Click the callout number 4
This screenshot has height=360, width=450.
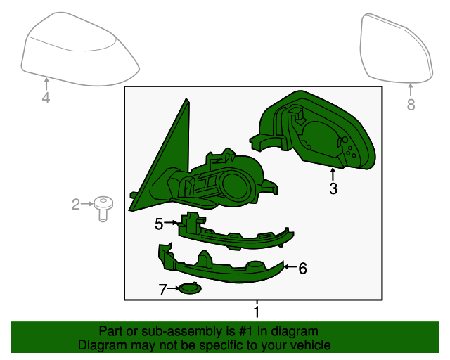click(46, 98)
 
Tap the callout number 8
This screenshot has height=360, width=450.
click(411, 105)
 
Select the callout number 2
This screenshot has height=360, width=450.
click(76, 204)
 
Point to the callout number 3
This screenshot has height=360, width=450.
click(333, 188)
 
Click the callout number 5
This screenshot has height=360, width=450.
click(159, 224)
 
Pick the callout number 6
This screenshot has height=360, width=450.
click(302, 269)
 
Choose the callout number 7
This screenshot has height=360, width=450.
click(162, 290)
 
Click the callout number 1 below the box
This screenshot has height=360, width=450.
click(257, 311)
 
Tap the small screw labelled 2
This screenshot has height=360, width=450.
click(103, 209)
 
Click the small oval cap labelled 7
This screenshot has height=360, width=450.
click(189, 288)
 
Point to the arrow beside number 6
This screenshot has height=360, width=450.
click(290, 267)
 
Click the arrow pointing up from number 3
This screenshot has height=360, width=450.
click(333, 174)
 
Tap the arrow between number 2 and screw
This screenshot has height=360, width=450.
click(87, 203)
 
